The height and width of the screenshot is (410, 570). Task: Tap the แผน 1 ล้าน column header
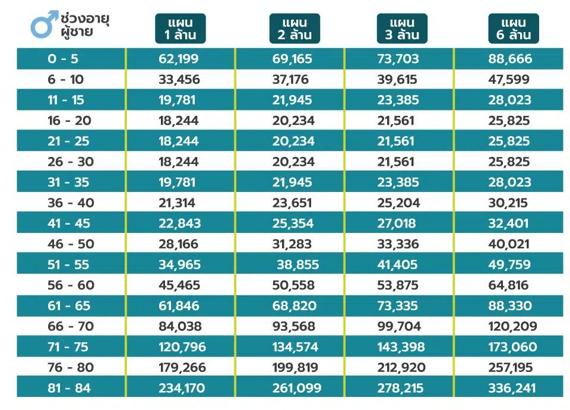pyautogui.click(x=180, y=29)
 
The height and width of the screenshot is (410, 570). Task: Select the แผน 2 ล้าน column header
pyautogui.click(x=294, y=29)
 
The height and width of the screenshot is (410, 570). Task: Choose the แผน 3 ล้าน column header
pyautogui.click(x=402, y=29)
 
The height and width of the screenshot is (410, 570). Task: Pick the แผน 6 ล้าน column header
pyautogui.click(x=514, y=29)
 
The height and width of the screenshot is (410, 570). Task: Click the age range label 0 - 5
pyautogui.click(x=63, y=59)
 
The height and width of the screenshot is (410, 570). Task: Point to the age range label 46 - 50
pyautogui.click(x=71, y=244)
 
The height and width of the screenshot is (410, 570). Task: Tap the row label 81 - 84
pyautogui.click(x=70, y=388)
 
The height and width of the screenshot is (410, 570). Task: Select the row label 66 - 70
pyautogui.click(x=71, y=326)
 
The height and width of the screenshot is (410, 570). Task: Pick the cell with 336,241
pyautogui.click(x=514, y=388)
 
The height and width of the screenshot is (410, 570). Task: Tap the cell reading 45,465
pyautogui.click(x=179, y=285)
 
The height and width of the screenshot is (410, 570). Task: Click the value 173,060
pyautogui.click(x=514, y=347)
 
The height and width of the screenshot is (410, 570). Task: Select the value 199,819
pyautogui.click(x=295, y=367)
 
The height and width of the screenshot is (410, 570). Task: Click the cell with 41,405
pyautogui.click(x=397, y=264)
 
